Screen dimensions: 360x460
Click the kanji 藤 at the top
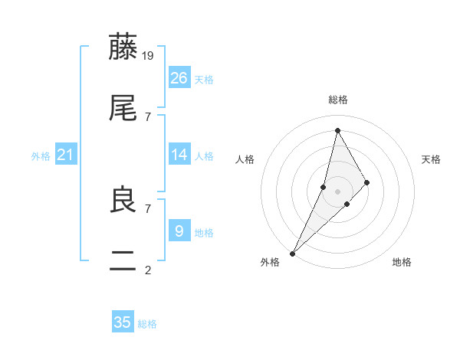tap(123, 47)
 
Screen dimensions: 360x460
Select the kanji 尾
tap(123, 109)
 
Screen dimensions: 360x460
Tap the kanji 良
tap(123, 201)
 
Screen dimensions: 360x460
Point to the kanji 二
tap(123, 262)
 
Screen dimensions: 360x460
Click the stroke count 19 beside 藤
tap(149, 55)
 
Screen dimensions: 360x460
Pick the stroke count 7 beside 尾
tap(148, 116)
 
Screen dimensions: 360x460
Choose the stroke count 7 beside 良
tap(148, 208)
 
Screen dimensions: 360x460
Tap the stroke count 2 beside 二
tap(148, 270)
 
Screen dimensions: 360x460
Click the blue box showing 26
tap(179, 77)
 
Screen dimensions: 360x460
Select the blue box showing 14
tap(179, 155)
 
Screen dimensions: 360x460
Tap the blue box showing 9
tap(179, 231)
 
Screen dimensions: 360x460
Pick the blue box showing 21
tap(66, 155)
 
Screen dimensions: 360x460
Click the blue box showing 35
tap(123, 322)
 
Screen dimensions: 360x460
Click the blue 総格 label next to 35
tap(147, 324)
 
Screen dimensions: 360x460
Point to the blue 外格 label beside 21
tap(41, 156)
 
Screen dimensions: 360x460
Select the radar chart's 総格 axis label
tap(338, 100)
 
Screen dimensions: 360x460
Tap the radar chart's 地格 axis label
tap(402, 262)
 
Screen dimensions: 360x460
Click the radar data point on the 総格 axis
tap(337, 130)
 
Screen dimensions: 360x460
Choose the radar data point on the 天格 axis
tap(366, 182)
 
